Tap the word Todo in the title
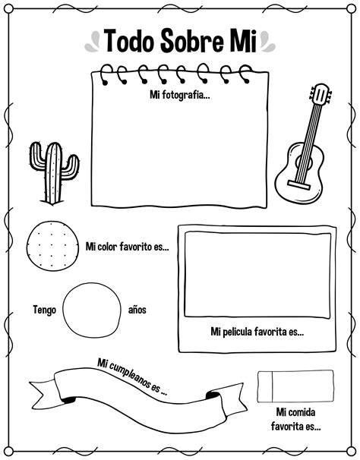click(129, 41)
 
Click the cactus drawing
click(54, 173)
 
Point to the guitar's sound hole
click(304, 162)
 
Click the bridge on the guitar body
click(298, 185)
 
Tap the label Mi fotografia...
click(180, 95)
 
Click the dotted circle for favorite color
click(52, 246)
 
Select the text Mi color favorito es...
click(127, 247)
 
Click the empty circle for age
click(92, 310)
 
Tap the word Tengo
click(44, 310)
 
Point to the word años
click(137, 310)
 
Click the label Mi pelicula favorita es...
click(257, 332)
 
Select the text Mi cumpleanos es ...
click(133, 377)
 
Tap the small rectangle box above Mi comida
click(295, 386)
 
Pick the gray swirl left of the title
click(93, 42)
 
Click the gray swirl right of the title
click(267, 41)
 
